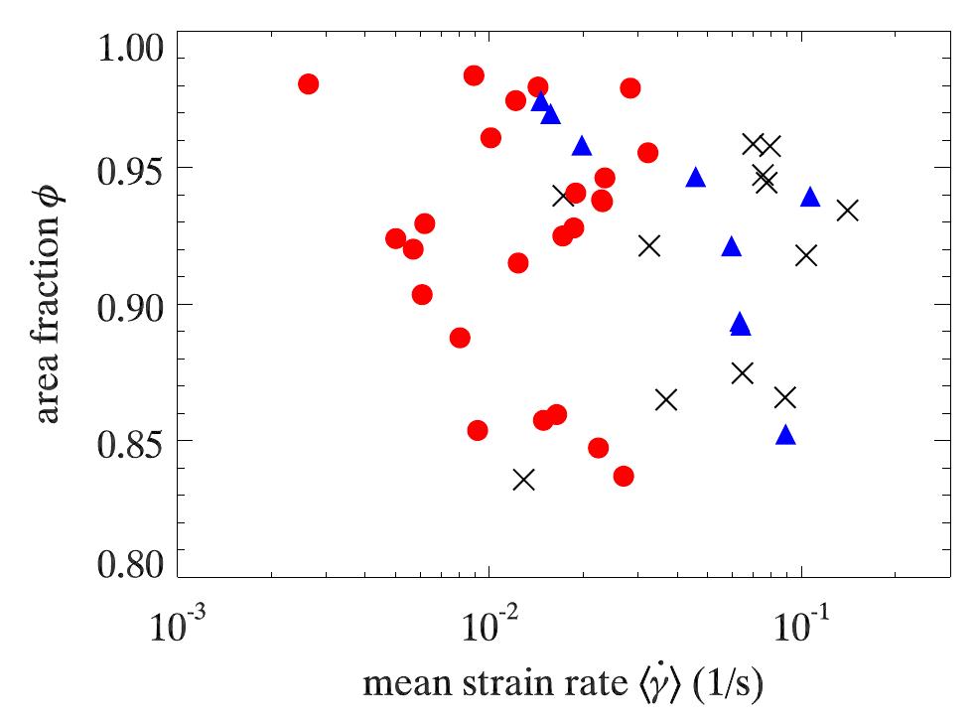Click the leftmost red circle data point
click(308, 83)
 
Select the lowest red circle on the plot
click(624, 476)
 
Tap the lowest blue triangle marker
click(785, 435)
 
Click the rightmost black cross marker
click(847, 210)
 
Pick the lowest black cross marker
click(524, 480)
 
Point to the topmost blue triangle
click(540, 101)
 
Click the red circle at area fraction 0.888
click(460, 338)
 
